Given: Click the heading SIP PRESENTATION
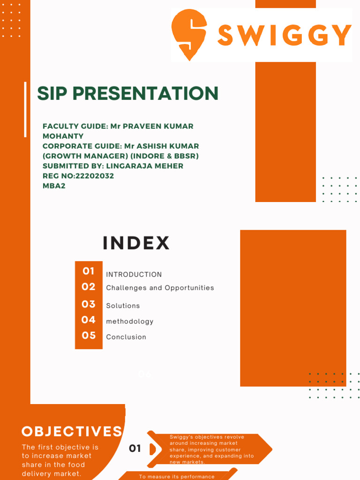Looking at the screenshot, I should pos(127,93).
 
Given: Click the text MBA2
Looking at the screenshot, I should pos(53,186).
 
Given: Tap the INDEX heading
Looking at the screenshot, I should pos(136,243).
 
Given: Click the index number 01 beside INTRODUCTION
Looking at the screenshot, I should pos(89,271).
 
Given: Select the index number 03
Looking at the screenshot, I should pos(89,304).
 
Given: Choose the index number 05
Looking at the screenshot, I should pos(89,335).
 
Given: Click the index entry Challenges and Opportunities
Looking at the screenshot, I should pos(160,288).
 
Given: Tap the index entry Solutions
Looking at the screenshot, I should pos(123,306).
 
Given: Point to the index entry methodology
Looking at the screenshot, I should pos(130,322).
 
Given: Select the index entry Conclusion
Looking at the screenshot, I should pos(126,337).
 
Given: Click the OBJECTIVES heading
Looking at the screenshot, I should pos(72,431).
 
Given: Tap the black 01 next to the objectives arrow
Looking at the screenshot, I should pos(135,449).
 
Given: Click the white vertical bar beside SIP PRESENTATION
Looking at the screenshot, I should pos(25,109).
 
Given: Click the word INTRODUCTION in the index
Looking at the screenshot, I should pos(134,275).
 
